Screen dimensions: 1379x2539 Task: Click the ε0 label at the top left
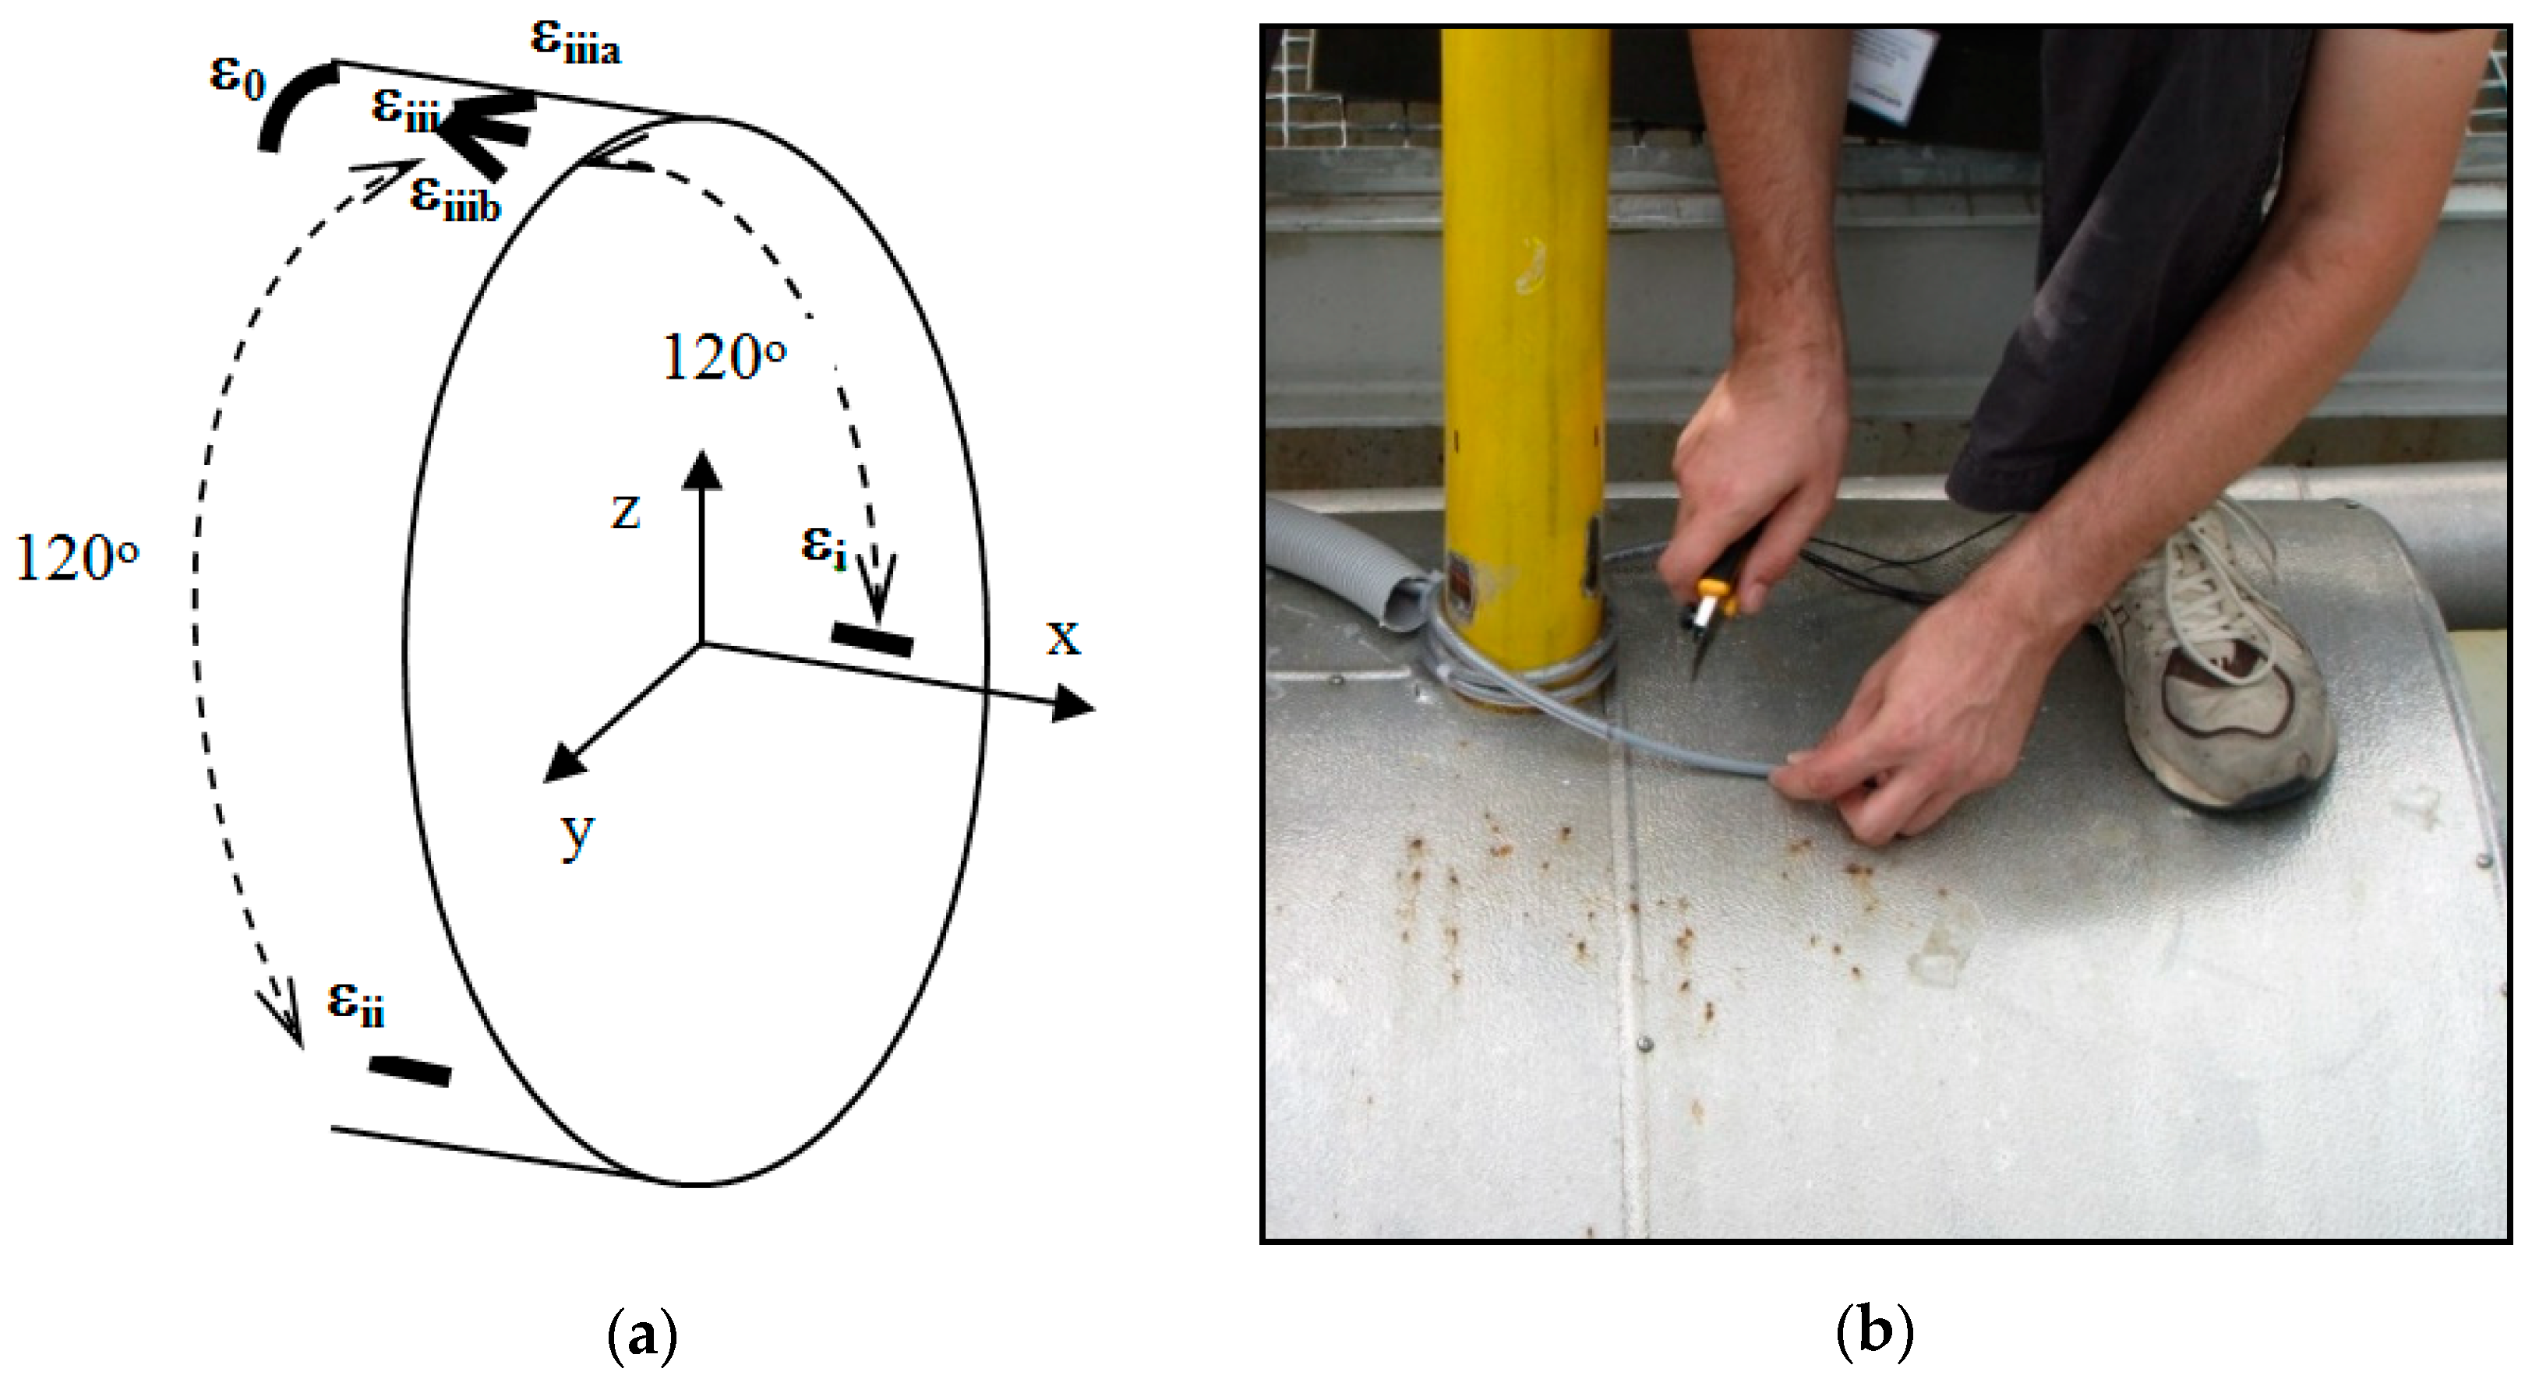coord(238,77)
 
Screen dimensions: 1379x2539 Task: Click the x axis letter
coord(1062,638)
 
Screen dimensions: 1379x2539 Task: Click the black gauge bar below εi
coord(872,639)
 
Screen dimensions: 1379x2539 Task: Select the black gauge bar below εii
coord(410,1071)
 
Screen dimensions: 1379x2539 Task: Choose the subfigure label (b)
coord(1875,1334)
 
